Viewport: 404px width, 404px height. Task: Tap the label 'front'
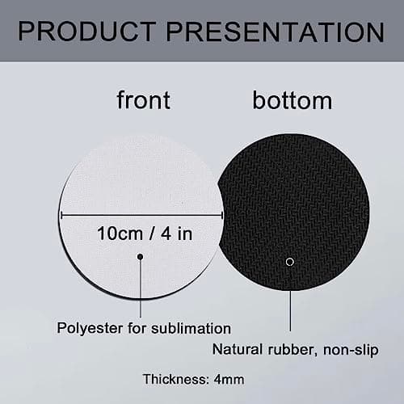click(143, 100)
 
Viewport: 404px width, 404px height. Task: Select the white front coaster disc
click(113, 186)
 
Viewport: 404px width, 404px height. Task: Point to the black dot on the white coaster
click(141, 257)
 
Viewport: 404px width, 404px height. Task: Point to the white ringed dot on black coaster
click(290, 261)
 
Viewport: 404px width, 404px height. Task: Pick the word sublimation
click(191, 329)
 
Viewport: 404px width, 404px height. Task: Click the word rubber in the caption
click(291, 350)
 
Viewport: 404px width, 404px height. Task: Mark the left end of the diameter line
click(61, 215)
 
